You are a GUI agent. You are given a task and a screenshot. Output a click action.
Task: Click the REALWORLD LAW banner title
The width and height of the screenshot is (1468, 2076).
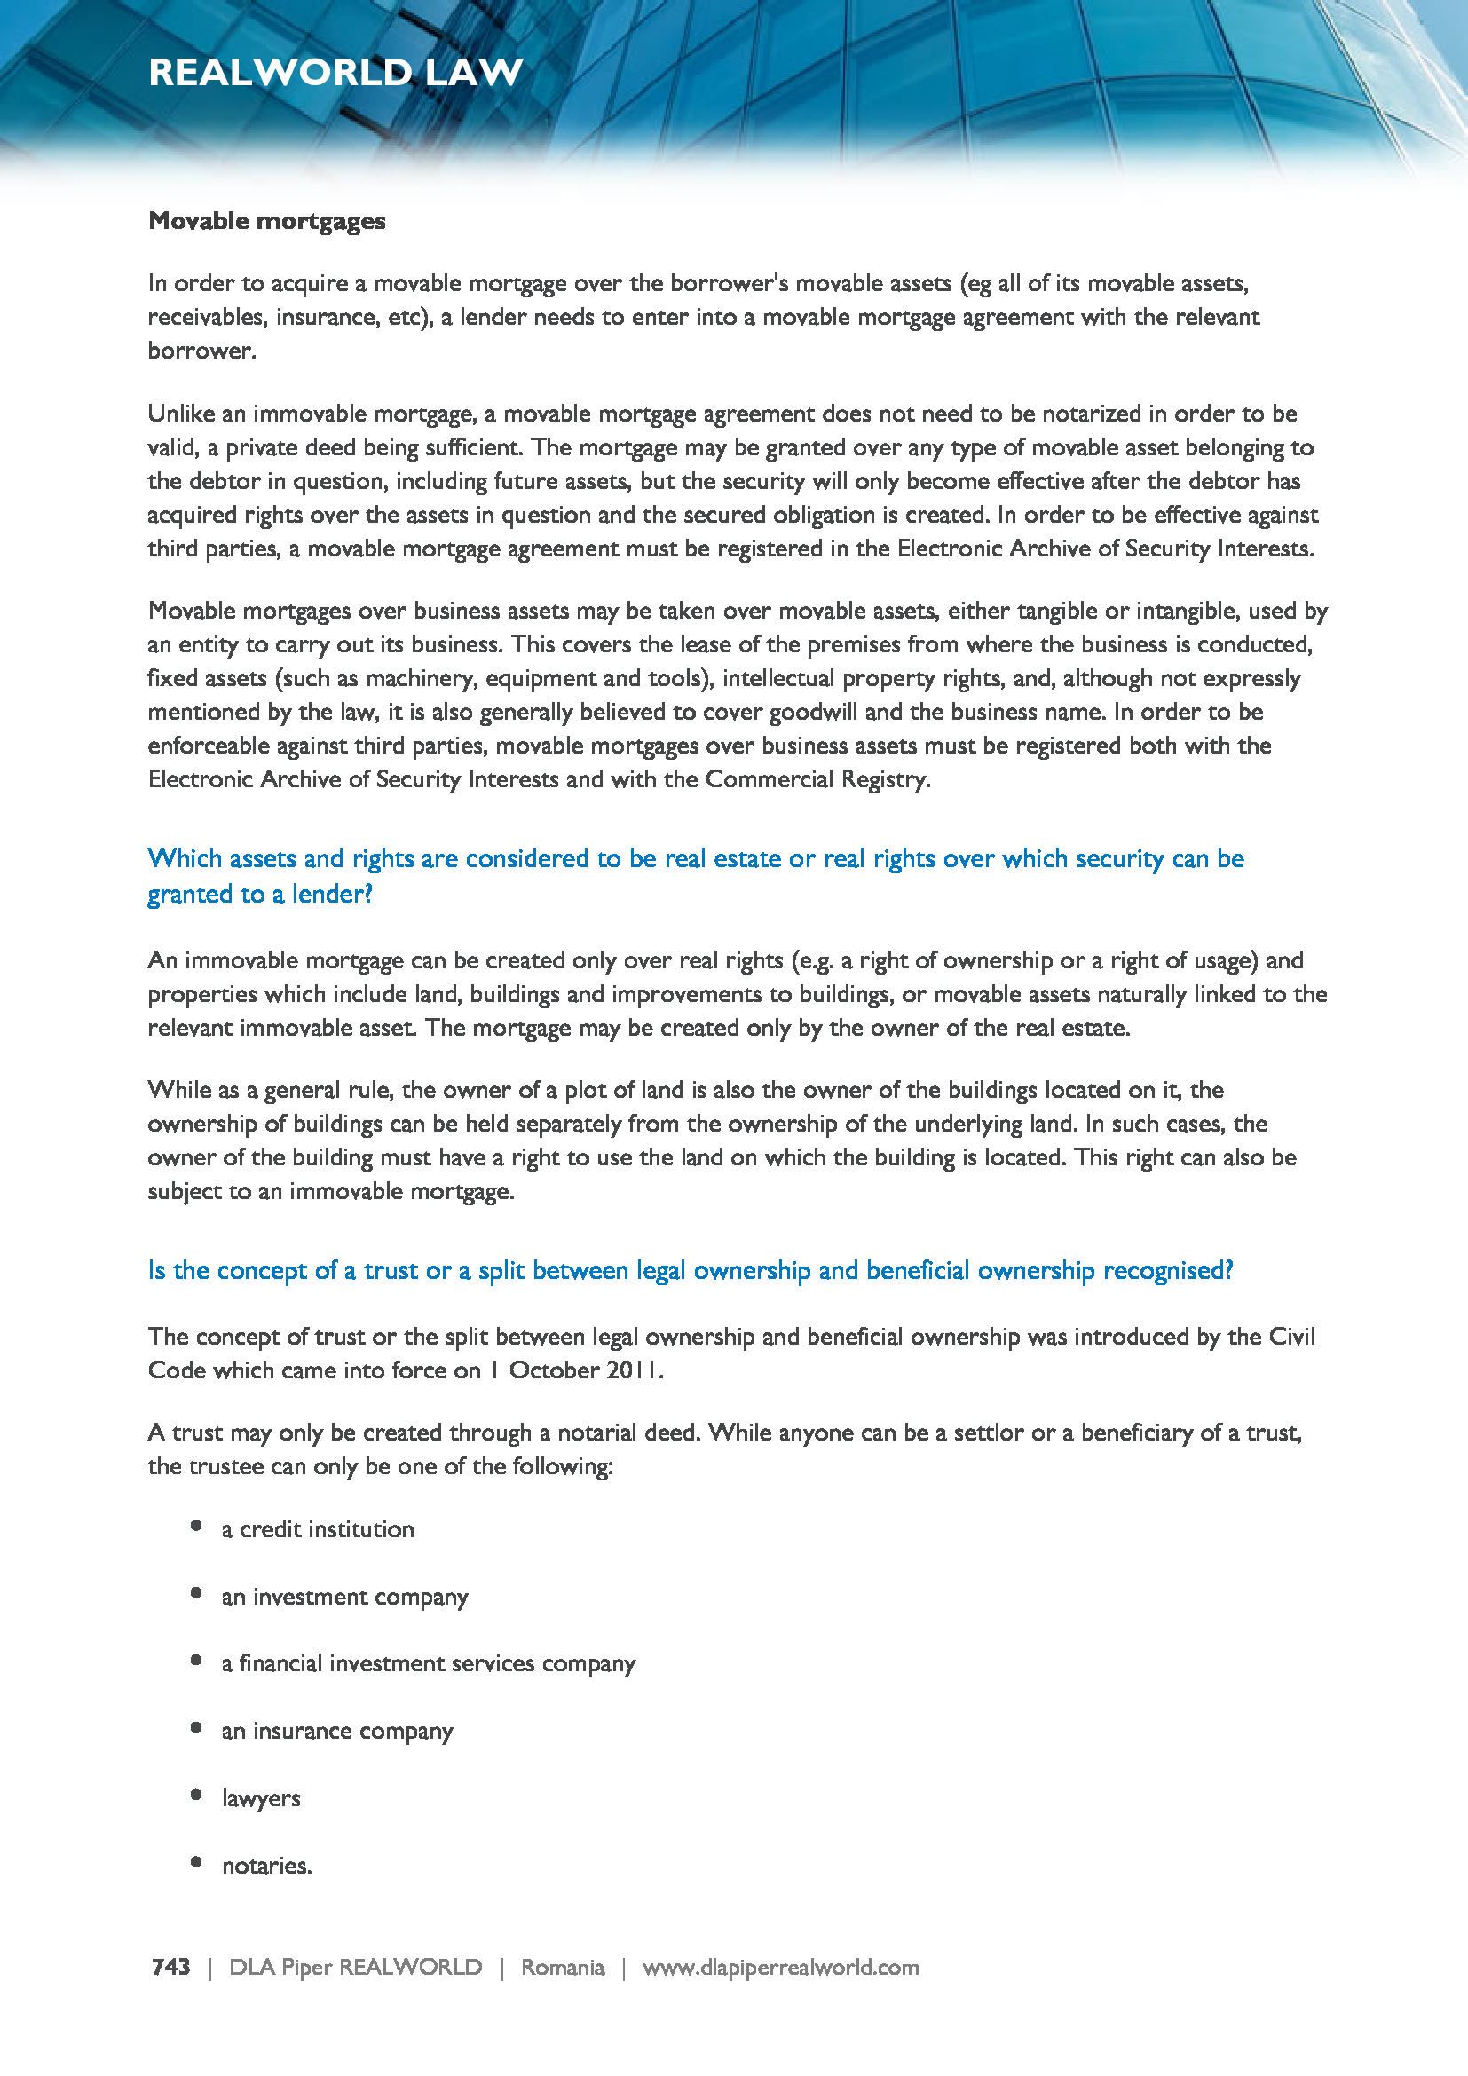(x=335, y=72)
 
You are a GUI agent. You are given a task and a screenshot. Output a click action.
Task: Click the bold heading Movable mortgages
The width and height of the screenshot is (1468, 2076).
(x=266, y=222)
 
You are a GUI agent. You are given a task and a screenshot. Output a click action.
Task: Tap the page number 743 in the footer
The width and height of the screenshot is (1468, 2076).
(x=170, y=1967)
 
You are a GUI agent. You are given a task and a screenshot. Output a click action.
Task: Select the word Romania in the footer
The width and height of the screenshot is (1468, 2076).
(x=562, y=1967)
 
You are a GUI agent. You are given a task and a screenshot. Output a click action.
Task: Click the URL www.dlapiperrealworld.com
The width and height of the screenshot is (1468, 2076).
(x=780, y=1967)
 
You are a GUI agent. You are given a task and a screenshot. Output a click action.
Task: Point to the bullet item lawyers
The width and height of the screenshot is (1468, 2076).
(x=261, y=1798)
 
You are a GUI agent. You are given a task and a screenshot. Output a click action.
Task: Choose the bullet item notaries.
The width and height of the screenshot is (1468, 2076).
(x=266, y=1866)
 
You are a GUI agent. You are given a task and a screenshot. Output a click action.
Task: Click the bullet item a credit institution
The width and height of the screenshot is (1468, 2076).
(x=317, y=1529)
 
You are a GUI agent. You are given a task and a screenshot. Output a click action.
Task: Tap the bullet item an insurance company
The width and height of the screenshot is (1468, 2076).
(x=337, y=1731)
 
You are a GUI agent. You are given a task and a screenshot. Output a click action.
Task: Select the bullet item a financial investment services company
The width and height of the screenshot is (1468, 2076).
(x=429, y=1663)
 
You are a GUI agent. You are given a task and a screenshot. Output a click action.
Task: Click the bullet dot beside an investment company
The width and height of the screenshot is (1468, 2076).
(x=196, y=1593)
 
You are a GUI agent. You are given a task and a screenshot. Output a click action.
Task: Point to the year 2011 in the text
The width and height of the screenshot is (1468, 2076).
(x=634, y=1370)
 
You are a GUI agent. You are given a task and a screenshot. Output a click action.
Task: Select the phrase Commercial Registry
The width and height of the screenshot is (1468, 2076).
(x=817, y=779)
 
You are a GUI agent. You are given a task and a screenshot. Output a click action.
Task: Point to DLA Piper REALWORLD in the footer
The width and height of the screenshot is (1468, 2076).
(x=355, y=1967)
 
